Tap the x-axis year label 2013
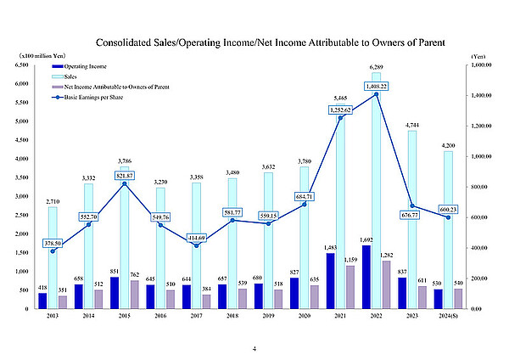[x=53, y=317]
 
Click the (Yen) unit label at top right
[x=478, y=53]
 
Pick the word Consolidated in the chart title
[x=128, y=41]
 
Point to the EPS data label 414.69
[x=197, y=237]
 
